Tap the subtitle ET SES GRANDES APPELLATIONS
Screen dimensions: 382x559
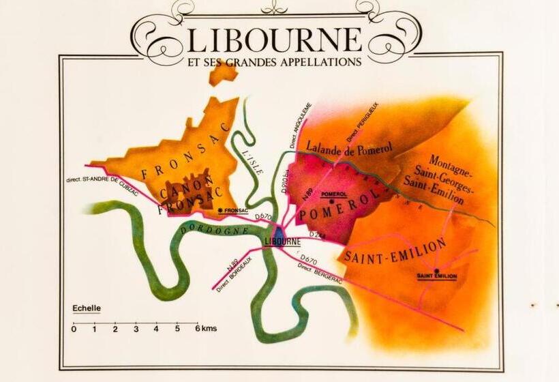pos(273,61)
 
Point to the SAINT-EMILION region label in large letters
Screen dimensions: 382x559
pos(395,251)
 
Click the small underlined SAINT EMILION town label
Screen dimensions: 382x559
pos(436,276)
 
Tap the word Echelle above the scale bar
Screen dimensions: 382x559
pos(87,308)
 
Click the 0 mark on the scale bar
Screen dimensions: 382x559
pos(74,329)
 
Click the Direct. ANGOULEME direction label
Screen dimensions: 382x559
pos(299,126)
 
